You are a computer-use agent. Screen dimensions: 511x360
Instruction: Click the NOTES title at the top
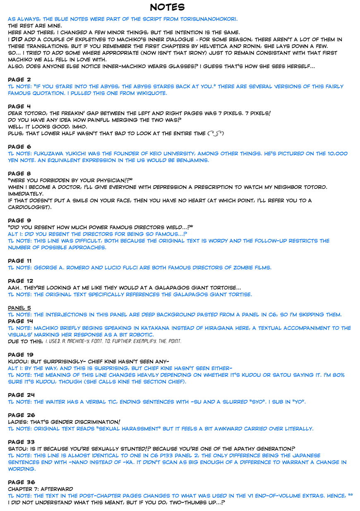click(167, 7)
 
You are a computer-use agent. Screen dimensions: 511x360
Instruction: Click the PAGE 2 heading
click(19, 79)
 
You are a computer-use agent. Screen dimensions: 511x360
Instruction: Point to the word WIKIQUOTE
click(149, 93)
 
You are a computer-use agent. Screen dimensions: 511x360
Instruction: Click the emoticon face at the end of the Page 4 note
click(216, 134)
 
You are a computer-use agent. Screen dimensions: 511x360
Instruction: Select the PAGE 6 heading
click(19, 147)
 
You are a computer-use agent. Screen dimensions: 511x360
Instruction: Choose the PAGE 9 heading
click(19, 221)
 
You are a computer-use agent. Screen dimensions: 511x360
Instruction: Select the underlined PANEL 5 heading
click(19, 308)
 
